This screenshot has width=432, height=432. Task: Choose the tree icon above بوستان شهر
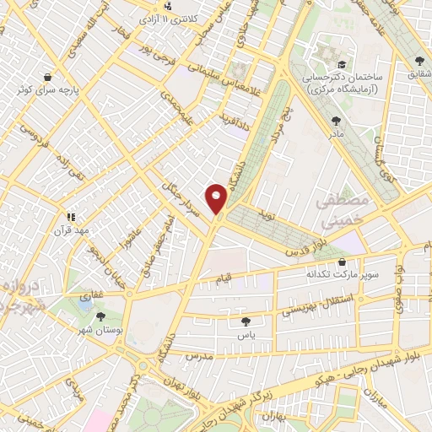[102, 316]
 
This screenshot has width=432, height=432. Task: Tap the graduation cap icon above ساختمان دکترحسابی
[342, 64]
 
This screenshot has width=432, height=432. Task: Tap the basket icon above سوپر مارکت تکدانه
[341, 262]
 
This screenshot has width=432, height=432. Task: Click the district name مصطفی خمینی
[343, 210]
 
